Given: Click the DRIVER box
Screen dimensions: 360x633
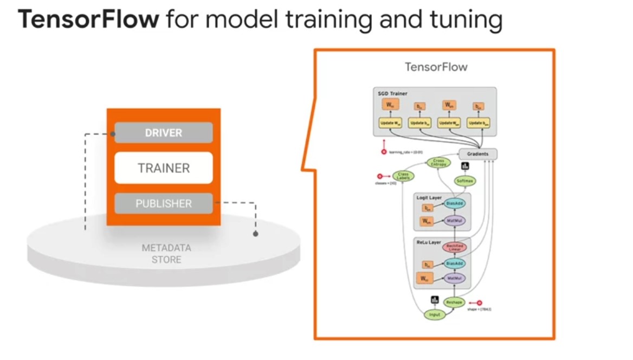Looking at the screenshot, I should pyautogui.click(x=163, y=133).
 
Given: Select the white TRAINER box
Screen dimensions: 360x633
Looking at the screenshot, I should pyautogui.click(x=163, y=168).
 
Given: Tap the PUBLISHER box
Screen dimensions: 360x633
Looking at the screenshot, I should pyautogui.click(x=163, y=204).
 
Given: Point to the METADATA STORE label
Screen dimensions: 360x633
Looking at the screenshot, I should pyautogui.click(x=166, y=254).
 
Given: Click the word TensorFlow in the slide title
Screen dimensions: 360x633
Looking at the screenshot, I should pyautogui.click(x=89, y=20).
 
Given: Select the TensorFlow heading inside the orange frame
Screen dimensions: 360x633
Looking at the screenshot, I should pyautogui.click(x=436, y=67).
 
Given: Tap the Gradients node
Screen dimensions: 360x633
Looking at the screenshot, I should pyautogui.click(x=477, y=154).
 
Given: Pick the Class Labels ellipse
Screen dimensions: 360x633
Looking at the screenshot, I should pyautogui.click(x=403, y=176).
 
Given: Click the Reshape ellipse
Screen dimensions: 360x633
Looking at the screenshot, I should pyautogui.click(x=454, y=302).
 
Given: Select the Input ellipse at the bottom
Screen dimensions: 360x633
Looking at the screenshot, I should pyautogui.click(x=435, y=314).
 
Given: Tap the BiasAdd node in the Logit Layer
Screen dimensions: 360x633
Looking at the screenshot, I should pyautogui.click(x=455, y=204).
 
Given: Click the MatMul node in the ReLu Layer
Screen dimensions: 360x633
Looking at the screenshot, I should pyautogui.click(x=455, y=278).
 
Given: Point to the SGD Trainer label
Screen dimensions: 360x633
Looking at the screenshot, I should pyautogui.click(x=392, y=94).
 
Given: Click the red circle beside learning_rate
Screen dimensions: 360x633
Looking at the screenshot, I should pyautogui.click(x=384, y=152).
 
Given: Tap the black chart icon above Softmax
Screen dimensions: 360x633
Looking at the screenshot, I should pyautogui.click(x=465, y=166).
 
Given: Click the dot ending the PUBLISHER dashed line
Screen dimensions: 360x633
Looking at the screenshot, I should pyautogui.click(x=255, y=234).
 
